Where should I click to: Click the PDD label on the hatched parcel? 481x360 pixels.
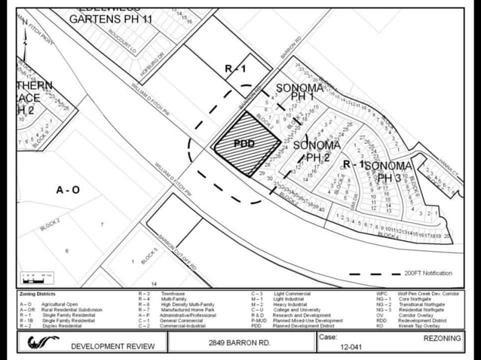tap(244, 143)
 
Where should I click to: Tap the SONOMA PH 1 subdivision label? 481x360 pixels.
tap(299, 93)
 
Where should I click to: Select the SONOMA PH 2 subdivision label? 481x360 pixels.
tap(317, 151)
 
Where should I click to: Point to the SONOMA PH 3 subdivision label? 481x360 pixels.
tap(392, 171)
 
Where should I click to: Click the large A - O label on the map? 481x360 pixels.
tap(68, 190)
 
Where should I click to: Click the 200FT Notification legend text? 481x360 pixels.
tap(428, 273)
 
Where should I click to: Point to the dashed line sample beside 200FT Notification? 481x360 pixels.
tap(374, 273)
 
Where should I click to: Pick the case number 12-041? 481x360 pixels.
tap(351, 347)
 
